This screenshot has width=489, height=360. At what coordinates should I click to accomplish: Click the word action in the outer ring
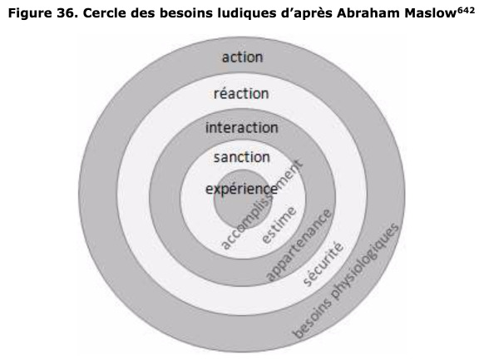point(242,57)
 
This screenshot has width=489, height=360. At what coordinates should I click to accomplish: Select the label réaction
point(241,93)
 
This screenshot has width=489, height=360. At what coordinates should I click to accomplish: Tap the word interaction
point(242,128)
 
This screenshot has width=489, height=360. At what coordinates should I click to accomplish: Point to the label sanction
point(242,157)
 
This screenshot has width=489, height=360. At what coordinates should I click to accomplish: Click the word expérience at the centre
point(241,190)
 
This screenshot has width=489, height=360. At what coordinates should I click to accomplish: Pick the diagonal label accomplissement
point(261,205)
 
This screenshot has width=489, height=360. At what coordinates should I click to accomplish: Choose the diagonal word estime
point(279,225)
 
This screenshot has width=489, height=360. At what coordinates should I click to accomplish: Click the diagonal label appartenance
point(299,245)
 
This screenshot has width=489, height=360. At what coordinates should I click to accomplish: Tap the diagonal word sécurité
point(324,264)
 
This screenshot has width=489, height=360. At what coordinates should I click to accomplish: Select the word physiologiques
point(364,263)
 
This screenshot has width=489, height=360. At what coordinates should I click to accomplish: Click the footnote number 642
point(466,10)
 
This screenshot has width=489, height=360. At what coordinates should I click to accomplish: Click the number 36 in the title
point(67,13)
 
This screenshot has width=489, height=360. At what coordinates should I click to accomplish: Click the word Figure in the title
point(31,14)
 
